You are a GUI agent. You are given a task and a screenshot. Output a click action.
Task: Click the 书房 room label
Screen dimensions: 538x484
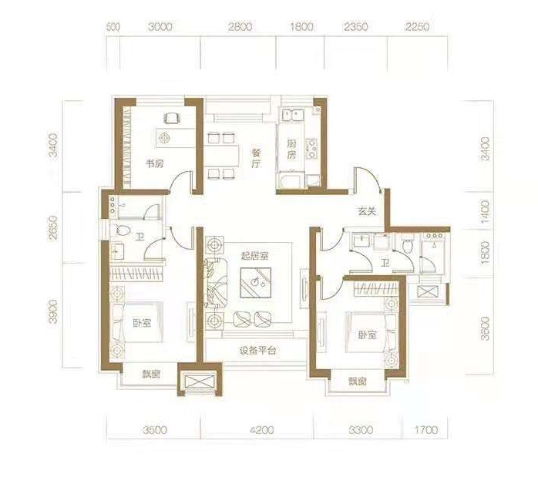coord(155,164)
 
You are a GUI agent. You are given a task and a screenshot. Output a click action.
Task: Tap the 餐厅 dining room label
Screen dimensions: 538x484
coord(256,158)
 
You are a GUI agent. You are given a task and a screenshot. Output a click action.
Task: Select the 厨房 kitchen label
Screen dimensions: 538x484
coord(291,150)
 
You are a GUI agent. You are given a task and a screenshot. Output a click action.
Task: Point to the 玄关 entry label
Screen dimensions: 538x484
coord(368,212)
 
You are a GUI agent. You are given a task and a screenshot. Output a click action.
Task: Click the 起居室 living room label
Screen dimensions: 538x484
coord(254,256)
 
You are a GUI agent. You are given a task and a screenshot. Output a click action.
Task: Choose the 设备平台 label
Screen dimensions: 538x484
coord(257,351)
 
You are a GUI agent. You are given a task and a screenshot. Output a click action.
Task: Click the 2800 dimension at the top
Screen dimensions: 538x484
coord(240,27)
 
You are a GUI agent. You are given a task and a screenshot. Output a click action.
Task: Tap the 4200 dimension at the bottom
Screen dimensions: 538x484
coord(262,430)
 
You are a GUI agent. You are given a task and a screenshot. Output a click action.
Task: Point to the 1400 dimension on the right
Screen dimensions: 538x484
coord(486,212)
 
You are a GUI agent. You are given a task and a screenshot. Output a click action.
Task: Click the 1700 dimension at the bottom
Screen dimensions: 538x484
coord(426,430)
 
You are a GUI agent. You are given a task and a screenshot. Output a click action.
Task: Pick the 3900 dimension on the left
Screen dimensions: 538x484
coord(52,312)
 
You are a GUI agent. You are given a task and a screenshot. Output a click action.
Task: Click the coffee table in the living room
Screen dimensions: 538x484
coord(256,283)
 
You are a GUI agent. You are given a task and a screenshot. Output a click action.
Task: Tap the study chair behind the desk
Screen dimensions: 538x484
coord(172,119)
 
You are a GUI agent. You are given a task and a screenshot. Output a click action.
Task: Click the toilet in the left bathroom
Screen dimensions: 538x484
coord(123,230)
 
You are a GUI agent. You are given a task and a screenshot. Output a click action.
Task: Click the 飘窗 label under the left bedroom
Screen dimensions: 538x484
coord(151,375)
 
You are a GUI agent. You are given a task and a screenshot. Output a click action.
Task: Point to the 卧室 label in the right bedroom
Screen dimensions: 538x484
coord(368,334)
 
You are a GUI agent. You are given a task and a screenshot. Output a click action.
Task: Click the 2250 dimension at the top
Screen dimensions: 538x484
coord(417,27)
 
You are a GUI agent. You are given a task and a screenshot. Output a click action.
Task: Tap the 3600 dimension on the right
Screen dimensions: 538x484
coord(486,328)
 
